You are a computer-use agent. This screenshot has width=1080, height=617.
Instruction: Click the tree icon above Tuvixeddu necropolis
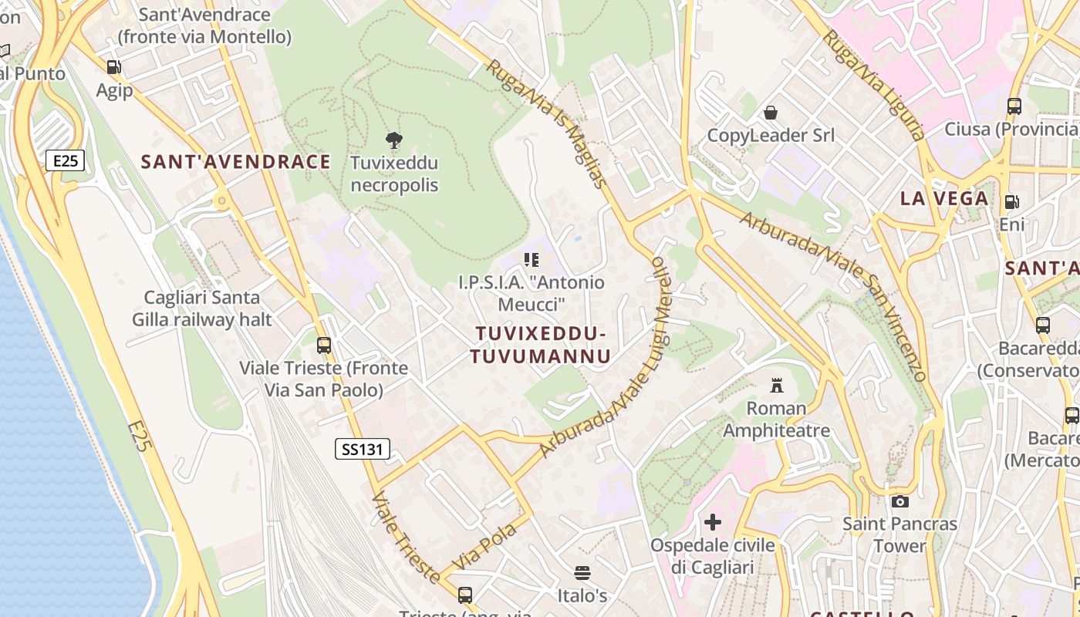(x=394, y=140)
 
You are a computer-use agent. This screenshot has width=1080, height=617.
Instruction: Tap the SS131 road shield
(x=363, y=449)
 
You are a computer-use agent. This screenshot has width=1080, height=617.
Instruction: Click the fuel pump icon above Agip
(x=114, y=67)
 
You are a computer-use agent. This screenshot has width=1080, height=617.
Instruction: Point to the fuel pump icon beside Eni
(x=1011, y=202)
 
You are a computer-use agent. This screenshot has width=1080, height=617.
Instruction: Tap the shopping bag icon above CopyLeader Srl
(x=771, y=113)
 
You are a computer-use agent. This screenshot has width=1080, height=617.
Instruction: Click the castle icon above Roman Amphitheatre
(x=777, y=385)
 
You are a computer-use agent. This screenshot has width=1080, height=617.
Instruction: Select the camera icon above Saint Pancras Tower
(x=899, y=501)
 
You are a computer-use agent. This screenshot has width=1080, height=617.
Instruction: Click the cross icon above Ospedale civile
(x=713, y=522)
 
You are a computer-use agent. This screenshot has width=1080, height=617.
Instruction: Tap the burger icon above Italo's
(x=582, y=573)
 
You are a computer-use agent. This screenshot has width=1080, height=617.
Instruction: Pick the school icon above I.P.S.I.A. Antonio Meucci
(x=532, y=260)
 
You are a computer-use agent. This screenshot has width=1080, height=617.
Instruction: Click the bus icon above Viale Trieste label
(x=324, y=345)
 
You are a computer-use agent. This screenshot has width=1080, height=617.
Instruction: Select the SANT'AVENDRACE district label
(x=235, y=162)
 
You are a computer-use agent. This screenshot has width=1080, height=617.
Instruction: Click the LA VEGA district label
(x=944, y=198)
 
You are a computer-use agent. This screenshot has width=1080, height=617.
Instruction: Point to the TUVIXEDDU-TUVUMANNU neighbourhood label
(x=541, y=345)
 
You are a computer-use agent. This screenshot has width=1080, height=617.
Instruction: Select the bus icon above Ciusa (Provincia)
(x=1014, y=106)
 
